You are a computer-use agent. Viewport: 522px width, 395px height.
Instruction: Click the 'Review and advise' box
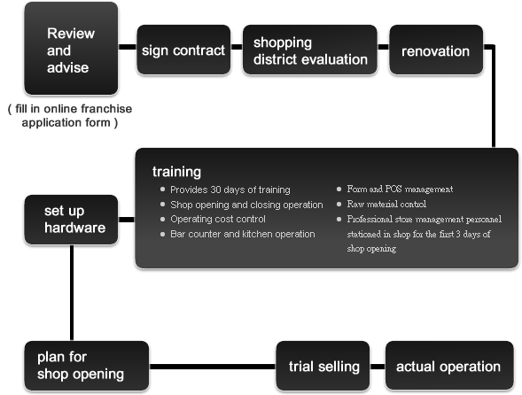(x=71, y=49)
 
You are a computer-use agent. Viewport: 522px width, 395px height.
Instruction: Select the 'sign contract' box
(x=183, y=50)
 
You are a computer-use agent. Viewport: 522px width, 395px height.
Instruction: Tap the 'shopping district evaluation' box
(x=310, y=50)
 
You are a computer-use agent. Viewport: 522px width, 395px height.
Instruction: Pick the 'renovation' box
(x=436, y=50)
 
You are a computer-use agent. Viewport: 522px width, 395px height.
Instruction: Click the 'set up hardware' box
(x=71, y=220)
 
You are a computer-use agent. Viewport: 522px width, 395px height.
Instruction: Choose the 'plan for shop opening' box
(x=87, y=366)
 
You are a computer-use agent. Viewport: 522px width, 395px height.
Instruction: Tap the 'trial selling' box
(x=323, y=366)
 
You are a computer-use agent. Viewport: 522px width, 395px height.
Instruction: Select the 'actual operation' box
(x=449, y=366)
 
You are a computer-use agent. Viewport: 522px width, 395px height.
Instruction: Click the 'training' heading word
(x=176, y=172)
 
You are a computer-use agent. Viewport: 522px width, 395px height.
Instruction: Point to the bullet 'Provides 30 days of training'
(x=230, y=190)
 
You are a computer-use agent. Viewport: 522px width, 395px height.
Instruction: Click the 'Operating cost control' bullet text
(x=218, y=219)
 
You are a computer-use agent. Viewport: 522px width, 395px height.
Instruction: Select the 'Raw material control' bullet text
(x=386, y=204)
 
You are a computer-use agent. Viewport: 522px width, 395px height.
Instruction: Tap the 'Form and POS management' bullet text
(x=400, y=189)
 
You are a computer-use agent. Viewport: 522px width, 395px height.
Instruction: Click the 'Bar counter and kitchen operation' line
(x=242, y=234)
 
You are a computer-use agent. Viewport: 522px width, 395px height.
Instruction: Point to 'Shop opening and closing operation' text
(x=246, y=205)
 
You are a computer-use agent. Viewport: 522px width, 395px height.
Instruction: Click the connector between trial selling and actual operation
(x=378, y=367)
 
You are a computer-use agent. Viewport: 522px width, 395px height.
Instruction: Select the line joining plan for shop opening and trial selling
(x=213, y=367)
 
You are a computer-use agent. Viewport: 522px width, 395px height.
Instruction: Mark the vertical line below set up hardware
(x=72, y=293)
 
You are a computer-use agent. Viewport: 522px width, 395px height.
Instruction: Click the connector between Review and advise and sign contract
(x=128, y=47)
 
